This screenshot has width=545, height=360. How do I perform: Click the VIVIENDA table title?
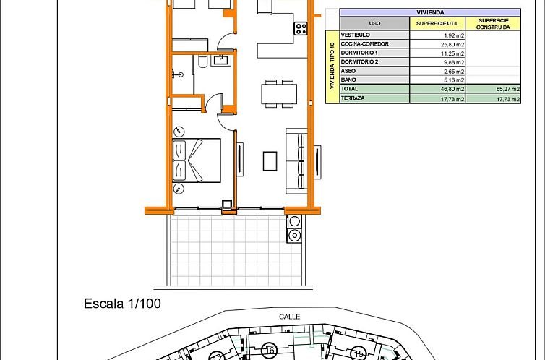(x=430, y=12)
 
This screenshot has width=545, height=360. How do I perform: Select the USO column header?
(x=374, y=23)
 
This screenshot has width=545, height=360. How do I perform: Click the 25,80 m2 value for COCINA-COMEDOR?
(x=451, y=44)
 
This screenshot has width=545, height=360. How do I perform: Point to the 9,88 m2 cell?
(x=452, y=62)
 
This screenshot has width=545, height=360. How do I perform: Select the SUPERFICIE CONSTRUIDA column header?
(x=493, y=23)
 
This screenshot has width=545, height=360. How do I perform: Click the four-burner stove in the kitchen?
(x=300, y=29)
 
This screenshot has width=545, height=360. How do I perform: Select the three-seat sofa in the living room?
(x=296, y=160)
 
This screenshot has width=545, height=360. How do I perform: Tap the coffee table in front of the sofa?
(x=270, y=160)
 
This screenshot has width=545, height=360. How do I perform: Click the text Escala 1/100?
(x=122, y=304)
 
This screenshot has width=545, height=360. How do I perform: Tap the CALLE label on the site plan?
(x=289, y=316)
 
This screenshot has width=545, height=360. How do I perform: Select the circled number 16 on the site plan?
(x=270, y=351)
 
